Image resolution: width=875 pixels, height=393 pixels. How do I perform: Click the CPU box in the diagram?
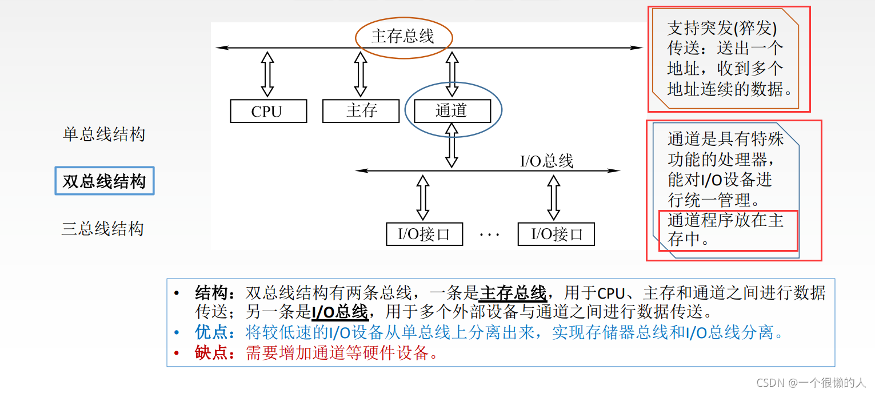coord(268,111)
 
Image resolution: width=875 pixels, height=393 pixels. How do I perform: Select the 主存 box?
coord(361,111)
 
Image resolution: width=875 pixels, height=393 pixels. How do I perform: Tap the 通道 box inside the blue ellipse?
coord(452,111)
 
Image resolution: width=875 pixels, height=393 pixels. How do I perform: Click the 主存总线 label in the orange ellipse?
coord(403,37)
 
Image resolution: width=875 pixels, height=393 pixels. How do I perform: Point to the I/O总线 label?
coord(546,161)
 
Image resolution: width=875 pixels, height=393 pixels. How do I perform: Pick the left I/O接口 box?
coord(424,235)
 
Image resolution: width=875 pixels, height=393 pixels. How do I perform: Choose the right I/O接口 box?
coord(556,235)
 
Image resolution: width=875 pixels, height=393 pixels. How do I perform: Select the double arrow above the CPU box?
coord(267,74)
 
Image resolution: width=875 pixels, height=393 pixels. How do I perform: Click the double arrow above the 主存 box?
coord(360,74)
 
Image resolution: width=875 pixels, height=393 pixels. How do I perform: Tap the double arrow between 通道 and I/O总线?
coord(452,145)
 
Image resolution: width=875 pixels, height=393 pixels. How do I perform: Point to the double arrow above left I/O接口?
coord(423,197)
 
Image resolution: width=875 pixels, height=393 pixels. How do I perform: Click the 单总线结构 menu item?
coord(104,135)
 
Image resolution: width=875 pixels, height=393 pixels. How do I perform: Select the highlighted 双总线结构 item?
coord(104,181)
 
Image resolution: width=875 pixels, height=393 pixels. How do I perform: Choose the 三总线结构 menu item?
coord(102,229)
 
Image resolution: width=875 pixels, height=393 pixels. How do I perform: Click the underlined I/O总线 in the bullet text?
coord(339,312)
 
